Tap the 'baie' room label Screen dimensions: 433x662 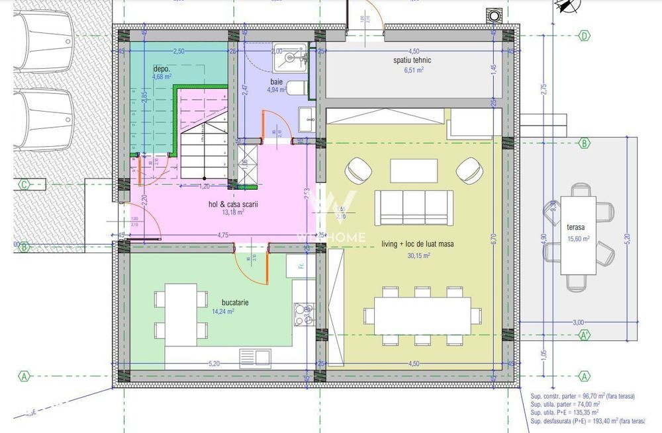point(276,81)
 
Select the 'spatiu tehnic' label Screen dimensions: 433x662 point(412,60)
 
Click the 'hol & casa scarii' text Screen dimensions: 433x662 point(232,205)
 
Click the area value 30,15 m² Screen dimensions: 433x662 point(417,255)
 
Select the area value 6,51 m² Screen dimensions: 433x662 point(412,70)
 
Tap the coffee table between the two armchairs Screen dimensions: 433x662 point(413,171)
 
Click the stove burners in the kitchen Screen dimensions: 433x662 point(304,314)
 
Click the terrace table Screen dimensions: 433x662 point(578,235)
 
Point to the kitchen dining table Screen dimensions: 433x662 point(180,315)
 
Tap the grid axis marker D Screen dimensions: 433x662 point(584,36)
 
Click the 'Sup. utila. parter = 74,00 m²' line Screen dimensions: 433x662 point(565,404)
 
